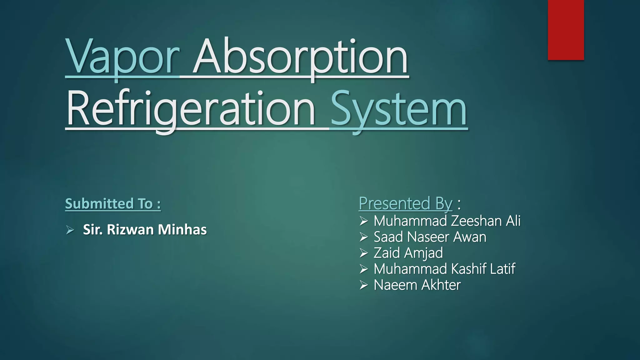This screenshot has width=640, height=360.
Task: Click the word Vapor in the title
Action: pyautogui.click(x=122, y=58)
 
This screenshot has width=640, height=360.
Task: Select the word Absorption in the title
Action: pyautogui.click(x=300, y=58)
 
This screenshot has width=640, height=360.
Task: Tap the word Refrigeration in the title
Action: pyautogui.click(x=191, y=109)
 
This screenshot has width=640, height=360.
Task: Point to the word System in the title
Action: pyautogui.click(x=398, y=109)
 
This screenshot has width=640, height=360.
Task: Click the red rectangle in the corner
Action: pyautogui.click(x=566, y=30)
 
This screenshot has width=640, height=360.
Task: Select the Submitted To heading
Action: pyautogui.click(x=113, y=204)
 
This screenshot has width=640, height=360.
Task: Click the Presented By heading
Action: pyautogui.click(x=405, y=203)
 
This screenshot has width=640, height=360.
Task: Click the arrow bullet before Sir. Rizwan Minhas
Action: pyautogui.click(x=70, y=230)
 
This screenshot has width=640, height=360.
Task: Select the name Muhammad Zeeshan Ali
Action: pyautogui.click(x=447, y=221)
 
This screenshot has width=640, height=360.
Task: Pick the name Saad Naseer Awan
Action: pyautogui.click(x=430, y=237)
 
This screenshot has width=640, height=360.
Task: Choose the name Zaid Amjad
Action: pyautogui.click(x=408, y=253)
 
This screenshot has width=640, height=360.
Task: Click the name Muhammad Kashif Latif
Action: pyautogui.click(x=444, y=269)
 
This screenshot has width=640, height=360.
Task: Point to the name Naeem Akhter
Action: pyautogui.click(x=417, y=285)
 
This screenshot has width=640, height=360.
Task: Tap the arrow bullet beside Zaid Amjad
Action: pyautogui.click(x=363, y=253)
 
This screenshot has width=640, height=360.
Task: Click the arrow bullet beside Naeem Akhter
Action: pyautogui.click(x=363, y=285)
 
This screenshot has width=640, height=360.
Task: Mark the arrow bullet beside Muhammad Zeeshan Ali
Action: pyautogui.click(x=363, y=221)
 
